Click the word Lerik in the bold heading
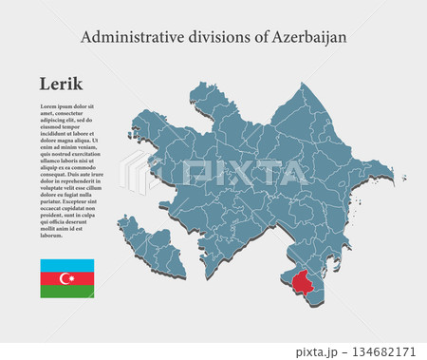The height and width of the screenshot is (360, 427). point(62,85)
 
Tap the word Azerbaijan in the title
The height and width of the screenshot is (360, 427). point(309,37)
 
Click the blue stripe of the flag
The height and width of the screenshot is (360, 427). point(66,265)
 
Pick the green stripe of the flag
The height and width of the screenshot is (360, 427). point(66,292)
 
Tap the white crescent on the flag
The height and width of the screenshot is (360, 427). point(65,278)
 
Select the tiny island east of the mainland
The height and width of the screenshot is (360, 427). point(403,177)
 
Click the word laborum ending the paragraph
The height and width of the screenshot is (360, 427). point(52,235)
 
